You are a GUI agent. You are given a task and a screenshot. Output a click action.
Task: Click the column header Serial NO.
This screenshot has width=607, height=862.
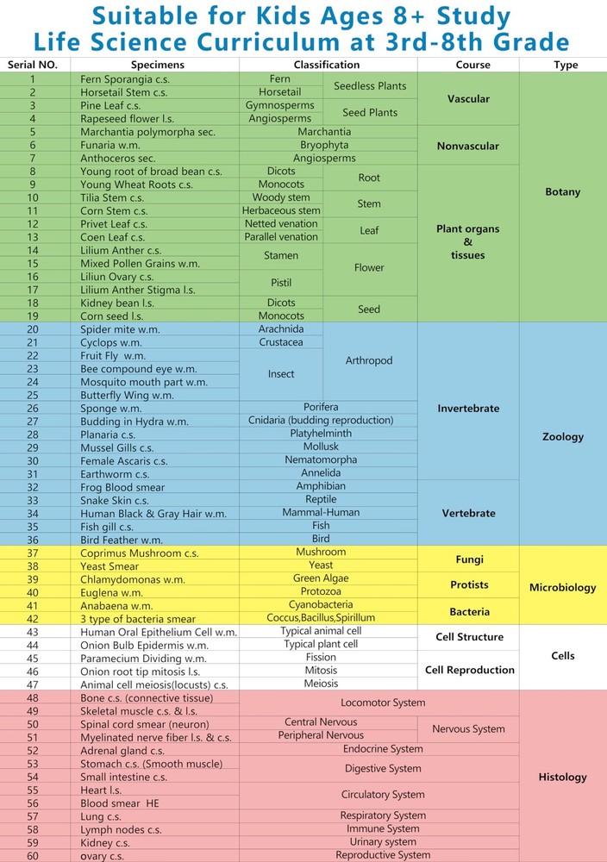[x=33, y=65]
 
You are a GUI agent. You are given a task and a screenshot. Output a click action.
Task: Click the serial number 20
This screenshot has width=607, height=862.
[x=33, y=329]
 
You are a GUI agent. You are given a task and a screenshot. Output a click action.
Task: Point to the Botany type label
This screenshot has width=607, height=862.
[x=562, y=192]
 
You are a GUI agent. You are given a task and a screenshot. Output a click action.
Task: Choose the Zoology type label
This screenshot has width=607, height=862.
[x=562, y=437]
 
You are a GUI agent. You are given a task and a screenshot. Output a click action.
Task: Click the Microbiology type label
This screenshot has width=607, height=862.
[x=562, y=588]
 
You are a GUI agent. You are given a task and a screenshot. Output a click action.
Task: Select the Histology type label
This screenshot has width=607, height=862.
[x=562, y=778]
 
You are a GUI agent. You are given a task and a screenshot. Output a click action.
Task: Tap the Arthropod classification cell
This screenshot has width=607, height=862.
[x=368, y=361]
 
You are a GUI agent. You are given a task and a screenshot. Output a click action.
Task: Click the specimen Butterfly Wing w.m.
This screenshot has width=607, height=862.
[x=127, y=396]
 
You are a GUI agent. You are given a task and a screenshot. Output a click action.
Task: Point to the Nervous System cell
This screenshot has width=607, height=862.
[x=468, y=729]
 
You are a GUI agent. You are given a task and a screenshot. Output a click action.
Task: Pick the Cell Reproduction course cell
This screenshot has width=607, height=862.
[x=469, y=670]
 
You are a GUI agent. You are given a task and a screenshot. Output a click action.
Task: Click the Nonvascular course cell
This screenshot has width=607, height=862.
[x=467, y=147]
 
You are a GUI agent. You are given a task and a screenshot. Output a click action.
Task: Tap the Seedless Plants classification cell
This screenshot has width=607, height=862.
[x=370, y=86]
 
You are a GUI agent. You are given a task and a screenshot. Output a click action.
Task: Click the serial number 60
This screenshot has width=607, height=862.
[x=33, y=856]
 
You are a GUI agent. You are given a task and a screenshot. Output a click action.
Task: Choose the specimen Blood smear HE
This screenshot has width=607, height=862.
[x=120, y=803]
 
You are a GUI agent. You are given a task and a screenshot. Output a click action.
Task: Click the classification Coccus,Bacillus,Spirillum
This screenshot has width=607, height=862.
[x=320, y=618]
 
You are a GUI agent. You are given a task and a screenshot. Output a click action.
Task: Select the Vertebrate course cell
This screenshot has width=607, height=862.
[x=468, y=514]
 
